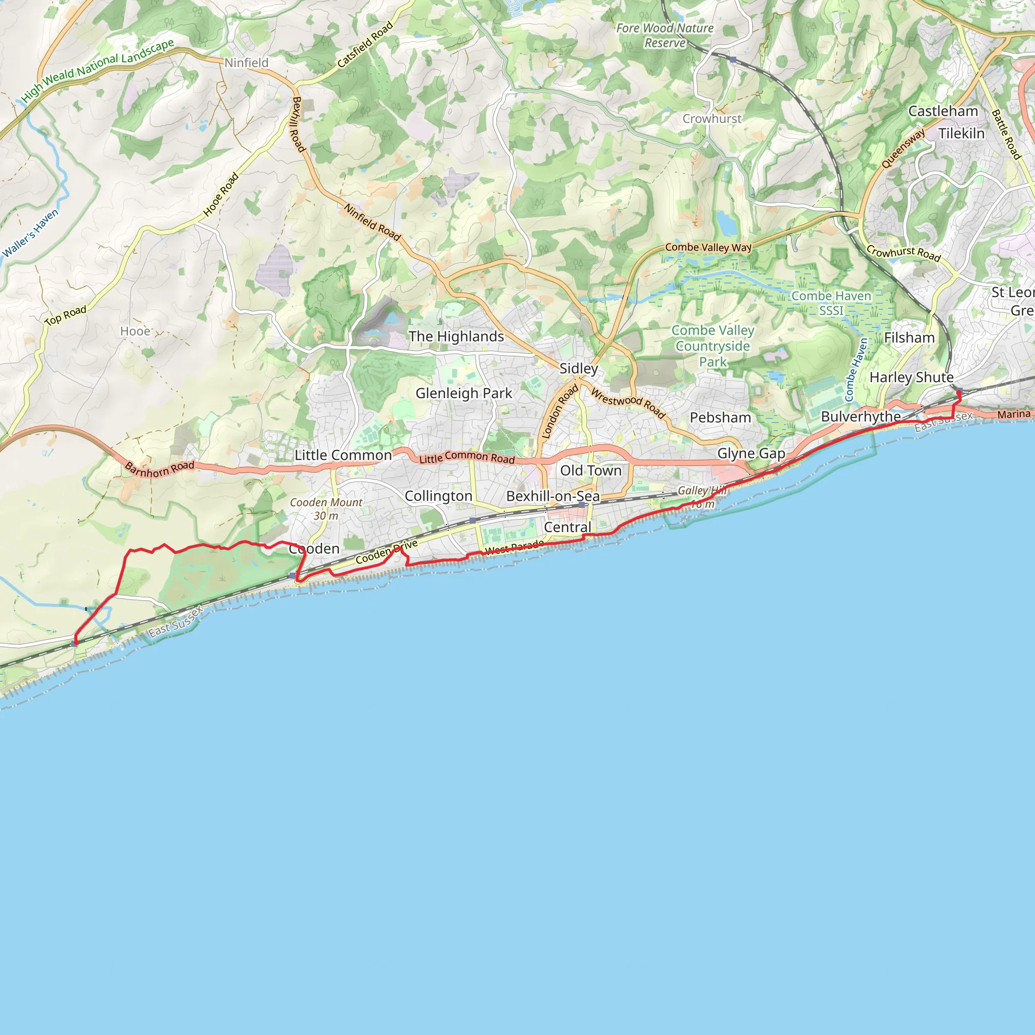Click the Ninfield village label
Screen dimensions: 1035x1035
tap(247, 63)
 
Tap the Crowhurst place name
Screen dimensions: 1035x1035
tap(712, 118)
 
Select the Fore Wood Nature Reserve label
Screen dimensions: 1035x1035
tap(665, 35)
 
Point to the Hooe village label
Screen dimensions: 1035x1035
tap(135, 331)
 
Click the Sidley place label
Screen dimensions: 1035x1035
tap(579, 368)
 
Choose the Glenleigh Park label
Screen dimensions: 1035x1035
tap(464, 393)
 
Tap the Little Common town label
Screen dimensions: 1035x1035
tap(343, 455)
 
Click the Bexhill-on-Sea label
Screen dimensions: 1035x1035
tap(553, 496)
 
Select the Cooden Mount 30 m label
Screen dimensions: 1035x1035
tap(326, 509)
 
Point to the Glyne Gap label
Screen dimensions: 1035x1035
tap(751, 453)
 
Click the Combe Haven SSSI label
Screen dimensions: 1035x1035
tap(831, 303)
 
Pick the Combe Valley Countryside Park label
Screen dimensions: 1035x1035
tap(713, 346)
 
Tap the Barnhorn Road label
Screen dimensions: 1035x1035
tap(160, 469)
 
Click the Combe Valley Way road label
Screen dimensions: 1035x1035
tap(708, 248)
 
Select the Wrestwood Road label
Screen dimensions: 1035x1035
tap(628, 403)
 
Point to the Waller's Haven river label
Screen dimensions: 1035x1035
tap(30, 233)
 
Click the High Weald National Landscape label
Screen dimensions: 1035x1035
tap(98, 70)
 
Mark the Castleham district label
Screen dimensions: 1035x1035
tap(944, 111)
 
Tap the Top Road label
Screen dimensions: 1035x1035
tap(65, 315)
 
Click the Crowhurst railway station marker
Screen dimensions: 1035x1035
tap(733, 60)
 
